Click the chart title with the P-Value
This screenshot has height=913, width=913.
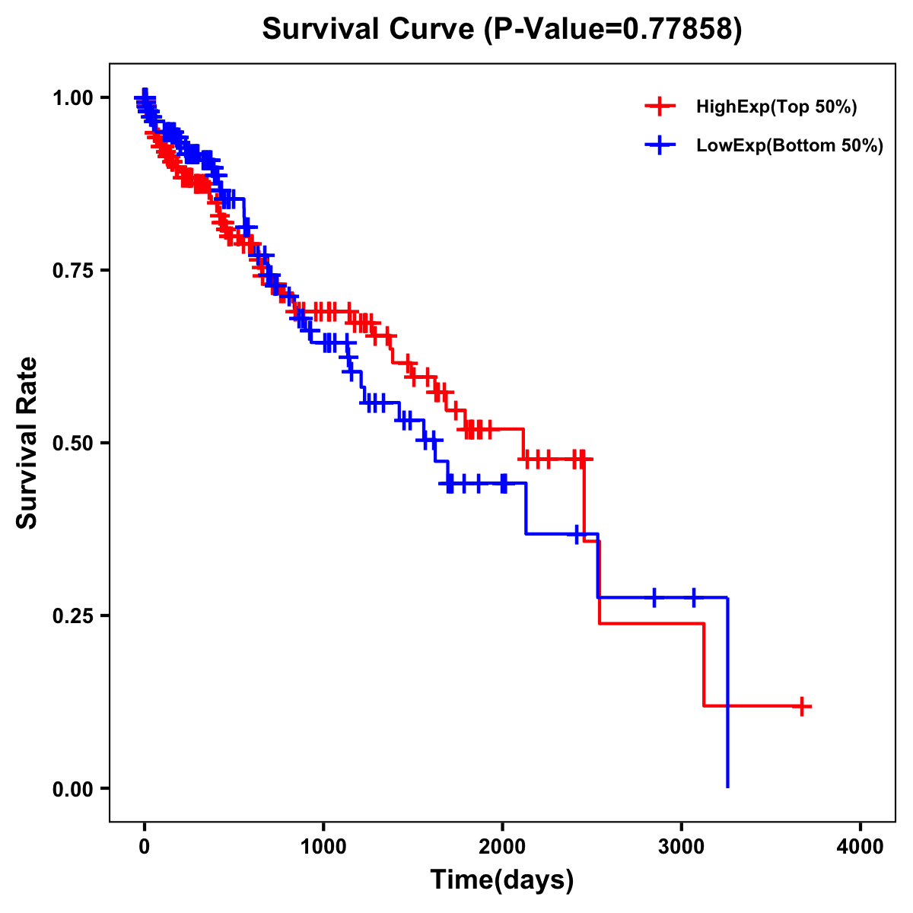tap(501, 29)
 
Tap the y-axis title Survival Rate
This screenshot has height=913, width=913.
tap(27, 443)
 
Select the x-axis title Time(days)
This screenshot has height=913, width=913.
tap(502, 880)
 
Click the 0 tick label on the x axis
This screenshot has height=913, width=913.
tap(145, 847)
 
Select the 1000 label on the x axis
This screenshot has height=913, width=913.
tap(323, 847)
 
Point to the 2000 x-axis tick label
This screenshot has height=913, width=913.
tap(502, 847)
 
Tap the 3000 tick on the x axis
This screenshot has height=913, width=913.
tap(682, 847)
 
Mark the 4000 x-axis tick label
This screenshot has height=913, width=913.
tap(861, 847)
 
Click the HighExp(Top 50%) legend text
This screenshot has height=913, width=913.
tap(776, 107)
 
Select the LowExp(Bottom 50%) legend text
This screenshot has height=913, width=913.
tap(790, 146)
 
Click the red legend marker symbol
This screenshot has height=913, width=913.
tap(660, 107)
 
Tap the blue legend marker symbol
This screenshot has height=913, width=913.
tap(660, 145)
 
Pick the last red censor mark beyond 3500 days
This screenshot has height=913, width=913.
tap(801, 707)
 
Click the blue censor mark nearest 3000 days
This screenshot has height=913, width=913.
tap(694, 597)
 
